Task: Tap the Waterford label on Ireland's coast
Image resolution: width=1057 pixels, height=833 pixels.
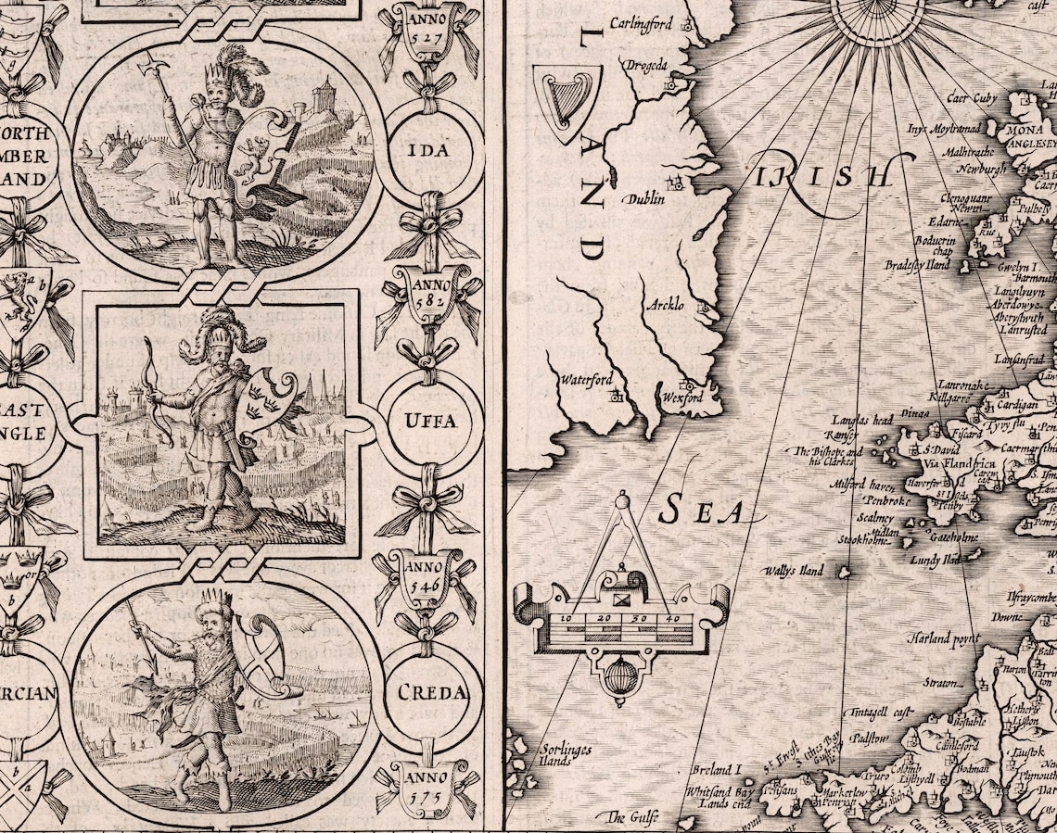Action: (x=585, y=380)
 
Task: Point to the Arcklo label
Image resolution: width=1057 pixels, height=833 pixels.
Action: (x=666, y=304)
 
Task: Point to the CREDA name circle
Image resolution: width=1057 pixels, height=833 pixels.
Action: (x=431, y=692)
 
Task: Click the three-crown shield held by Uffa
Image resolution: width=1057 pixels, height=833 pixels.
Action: (x=266, y=407)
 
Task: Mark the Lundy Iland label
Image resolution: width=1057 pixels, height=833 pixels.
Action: (x=935, y=561)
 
